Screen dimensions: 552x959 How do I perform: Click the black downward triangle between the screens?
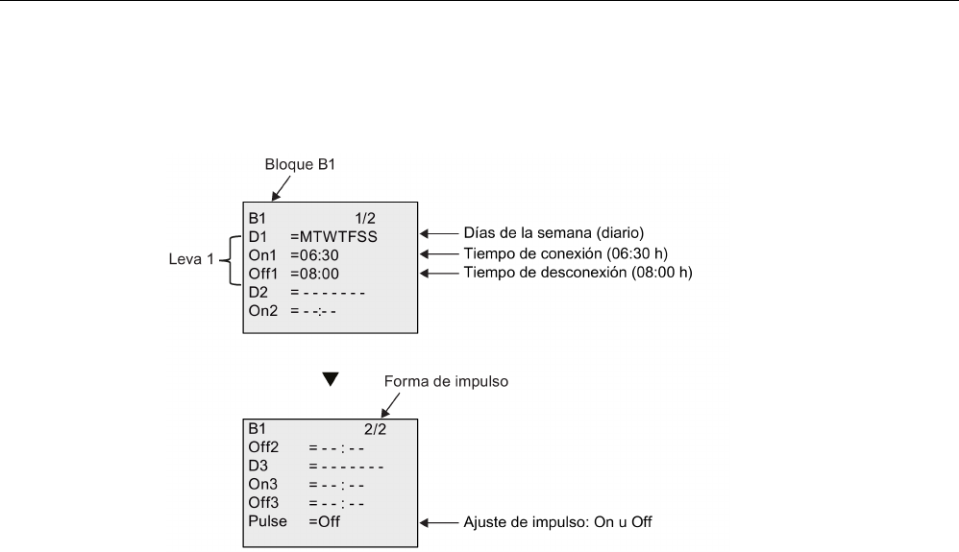pyautogui.click(x=331, y=379)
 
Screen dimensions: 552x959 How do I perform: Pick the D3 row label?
pyautogui.click(x=256, y=468)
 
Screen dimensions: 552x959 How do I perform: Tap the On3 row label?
pyautogui.click(x=260, y=486)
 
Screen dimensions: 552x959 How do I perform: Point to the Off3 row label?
pyautogui.click(x=261, y=503)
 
